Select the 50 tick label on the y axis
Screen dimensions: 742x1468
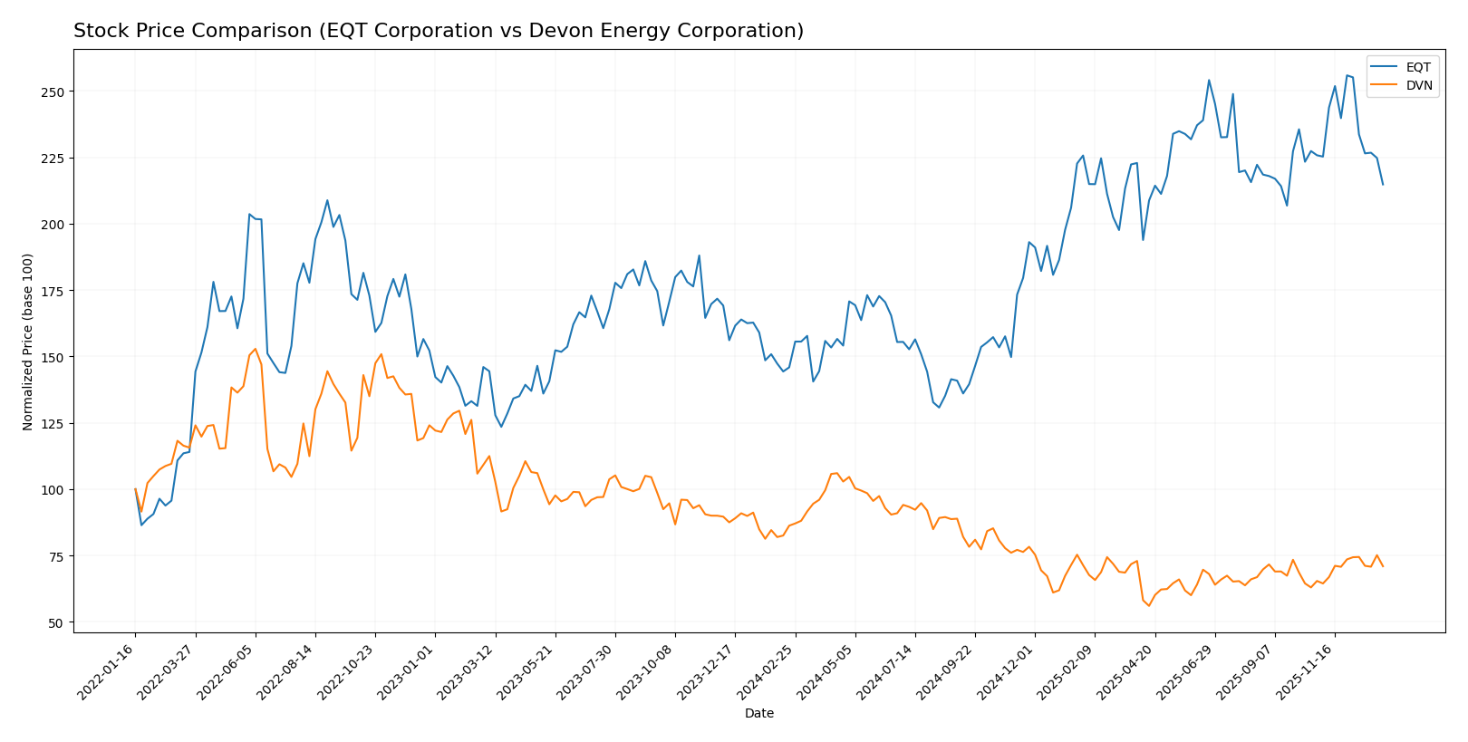click(x=55, y=623)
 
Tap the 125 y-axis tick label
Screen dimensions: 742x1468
click(x=52, y=424)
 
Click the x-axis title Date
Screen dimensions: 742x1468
click(x=758, y=714)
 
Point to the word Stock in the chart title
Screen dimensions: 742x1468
click(x=99, y=31)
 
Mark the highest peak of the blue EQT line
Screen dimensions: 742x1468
click(x=1347, y=75)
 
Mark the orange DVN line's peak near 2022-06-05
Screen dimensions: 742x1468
click(x=256, y=349)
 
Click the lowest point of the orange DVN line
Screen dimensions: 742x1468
click(x=1149, y=606)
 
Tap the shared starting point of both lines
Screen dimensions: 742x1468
click(x=136, y=489)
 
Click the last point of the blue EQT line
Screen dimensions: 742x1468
click(x=1383, y=185)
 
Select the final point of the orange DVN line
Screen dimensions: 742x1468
click(x=1383, y=566)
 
